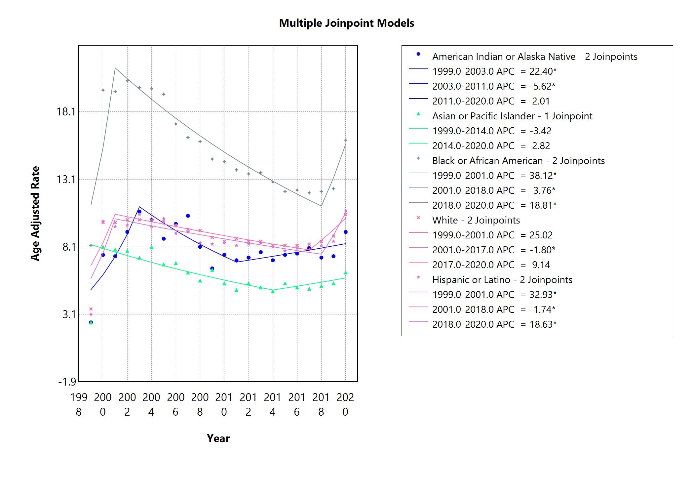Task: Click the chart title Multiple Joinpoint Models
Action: click(x=346, y=23)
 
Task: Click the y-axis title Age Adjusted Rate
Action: click(x=35, y=214)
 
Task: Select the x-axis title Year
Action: click(x=218, y=438)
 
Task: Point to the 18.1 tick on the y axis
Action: click(x=66, y=112)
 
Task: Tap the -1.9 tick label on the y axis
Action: click(x=67, y=382)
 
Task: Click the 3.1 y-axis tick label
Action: click(x=69, y=314)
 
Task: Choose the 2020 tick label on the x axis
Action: click(x=345, y=404)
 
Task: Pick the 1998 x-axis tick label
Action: click(x=79, y=404)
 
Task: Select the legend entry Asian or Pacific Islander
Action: click(x=512, y=116)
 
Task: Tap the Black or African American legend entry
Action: click(x=518, y=161)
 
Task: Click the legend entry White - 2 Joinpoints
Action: click(x=476, y=220)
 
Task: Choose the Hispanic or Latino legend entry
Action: click(x=502, y=280)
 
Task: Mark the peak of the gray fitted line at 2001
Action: click(x=115, y=68)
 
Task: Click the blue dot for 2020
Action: click(x=346, y=232)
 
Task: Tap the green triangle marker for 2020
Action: click(x=346, y=273)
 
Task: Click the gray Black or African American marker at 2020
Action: click(x=346, y=140)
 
